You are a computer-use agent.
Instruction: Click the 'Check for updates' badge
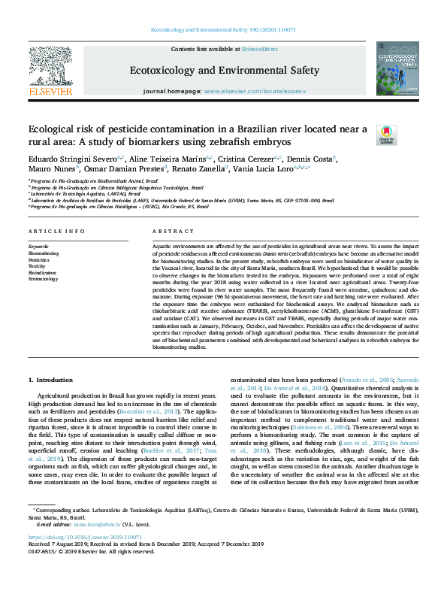click(385, 135)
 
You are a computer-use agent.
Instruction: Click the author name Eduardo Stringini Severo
click(71, 159)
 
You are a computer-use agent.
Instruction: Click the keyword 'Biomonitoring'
click(44, 253)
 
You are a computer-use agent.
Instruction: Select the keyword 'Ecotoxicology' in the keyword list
click(43, 278)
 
